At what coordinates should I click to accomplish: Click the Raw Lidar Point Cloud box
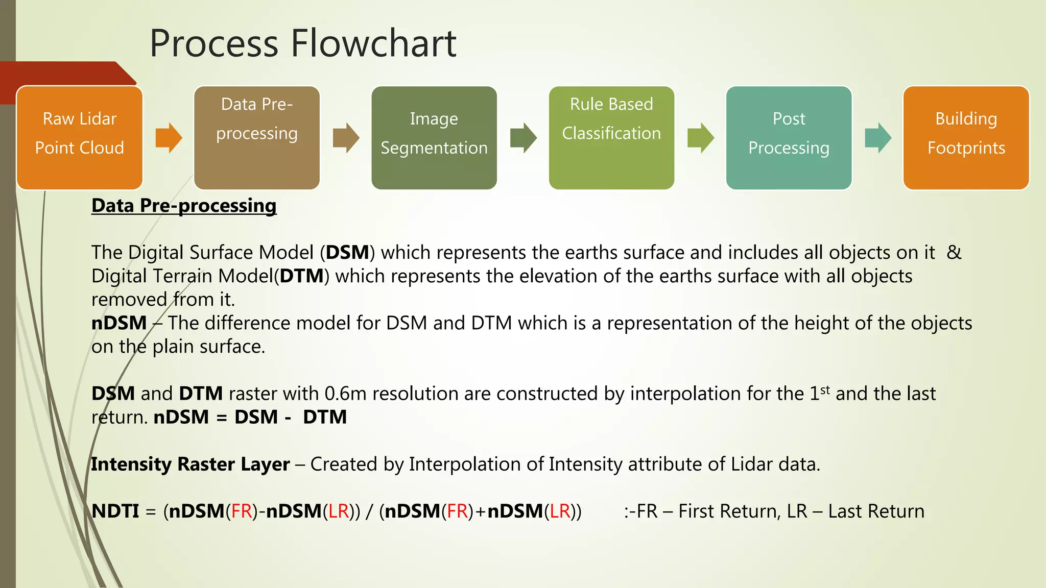click(x=80, y=138)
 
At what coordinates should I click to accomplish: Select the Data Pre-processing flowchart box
click(x=257, y=138)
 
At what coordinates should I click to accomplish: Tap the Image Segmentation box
click(x=434, y=138)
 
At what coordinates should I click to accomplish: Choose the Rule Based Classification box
click(x=611, y=138)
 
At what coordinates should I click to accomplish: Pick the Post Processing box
click(x=789, y=138)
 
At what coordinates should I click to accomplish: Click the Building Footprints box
click(x=966, y=138)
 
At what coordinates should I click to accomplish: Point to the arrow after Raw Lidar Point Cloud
click(x=169, y=138)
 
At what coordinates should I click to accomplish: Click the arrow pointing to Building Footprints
click(x=878, y=138)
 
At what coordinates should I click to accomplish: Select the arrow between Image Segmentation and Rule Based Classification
click(x=523, y=138)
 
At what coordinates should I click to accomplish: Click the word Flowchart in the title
click(x=373, y=43)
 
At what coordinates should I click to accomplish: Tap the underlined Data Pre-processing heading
click(x=184, y=206)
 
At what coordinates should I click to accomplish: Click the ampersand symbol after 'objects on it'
click(x=954, y=253)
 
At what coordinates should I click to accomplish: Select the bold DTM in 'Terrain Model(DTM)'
click(x=301, y=276)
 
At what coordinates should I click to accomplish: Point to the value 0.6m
click(x=345, y=394)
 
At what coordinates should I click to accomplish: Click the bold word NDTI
click(x=115, y=511)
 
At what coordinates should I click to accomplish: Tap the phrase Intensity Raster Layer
click(x=191, y=464)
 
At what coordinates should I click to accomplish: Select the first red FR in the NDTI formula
click(x=242, y=511)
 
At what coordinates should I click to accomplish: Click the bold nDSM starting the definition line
click(x=119, y=323)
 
